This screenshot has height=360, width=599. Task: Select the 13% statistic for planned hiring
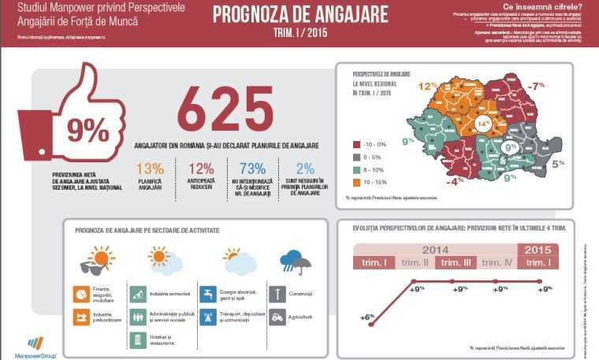pyautogui.click(x=150, y=168)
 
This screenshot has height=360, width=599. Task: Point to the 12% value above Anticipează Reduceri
pyautogui.click(x=201, y=168)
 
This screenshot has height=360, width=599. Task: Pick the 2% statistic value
pyautogui.click(x=305, y=168)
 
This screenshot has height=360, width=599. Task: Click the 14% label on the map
pyautogui.click(x=482, y=124)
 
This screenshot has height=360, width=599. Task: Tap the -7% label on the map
pyautogui.click(x=538, y=85)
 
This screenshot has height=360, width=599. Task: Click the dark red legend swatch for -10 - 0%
pyautogui.click(x=355, y=144)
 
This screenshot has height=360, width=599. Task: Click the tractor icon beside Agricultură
pyautogui.click(x=277, y=317)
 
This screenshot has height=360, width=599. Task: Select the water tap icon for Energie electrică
pyautogui.click(x=207, y=295)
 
